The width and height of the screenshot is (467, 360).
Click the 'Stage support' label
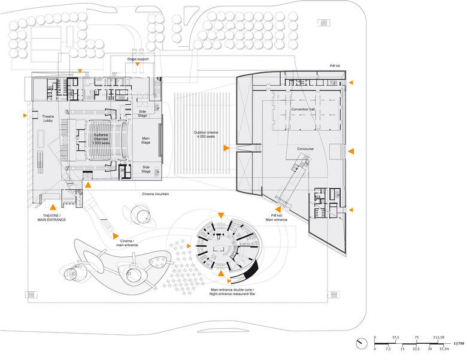(x=138, y=59)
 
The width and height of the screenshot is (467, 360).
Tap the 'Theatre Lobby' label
(x=48, y=119)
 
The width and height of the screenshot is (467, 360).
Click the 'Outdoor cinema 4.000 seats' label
(x=208, y=135)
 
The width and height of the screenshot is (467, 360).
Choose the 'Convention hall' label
(x=304, y=110)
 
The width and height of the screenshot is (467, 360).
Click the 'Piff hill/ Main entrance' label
(x=277, y=217)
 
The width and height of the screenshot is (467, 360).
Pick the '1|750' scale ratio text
(x=459, y=343)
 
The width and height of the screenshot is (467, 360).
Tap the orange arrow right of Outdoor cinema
(x=226, y=147)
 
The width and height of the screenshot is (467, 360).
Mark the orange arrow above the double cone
(x=221, y=215)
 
